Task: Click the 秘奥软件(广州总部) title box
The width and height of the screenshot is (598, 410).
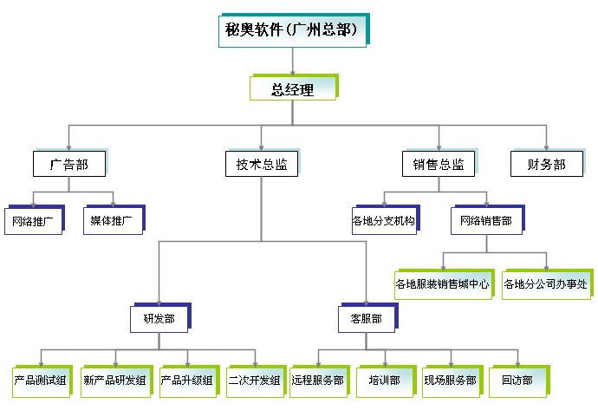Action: [x=291, y=29]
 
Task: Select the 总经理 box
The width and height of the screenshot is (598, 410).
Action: [x=291, y=88]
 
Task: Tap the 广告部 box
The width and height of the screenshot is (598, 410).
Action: [x=69, y=164]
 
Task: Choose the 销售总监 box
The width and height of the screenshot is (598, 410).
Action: [x=438, y=164]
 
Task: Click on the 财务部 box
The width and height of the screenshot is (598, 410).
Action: [x=545, y=164]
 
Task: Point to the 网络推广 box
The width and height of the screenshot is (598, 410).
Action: [x=33, y=221]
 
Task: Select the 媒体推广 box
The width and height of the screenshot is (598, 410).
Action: [x=112, y=221]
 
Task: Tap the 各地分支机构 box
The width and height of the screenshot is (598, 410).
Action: [x=384, y=221]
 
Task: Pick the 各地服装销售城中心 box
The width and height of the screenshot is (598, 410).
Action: [x=442, y=283]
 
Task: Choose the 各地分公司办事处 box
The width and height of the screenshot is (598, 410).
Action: [x=546, y=283]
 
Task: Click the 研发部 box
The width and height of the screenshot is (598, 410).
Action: [x=159, y=319]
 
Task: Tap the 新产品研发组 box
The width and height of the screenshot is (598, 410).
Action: [x=115, y=380]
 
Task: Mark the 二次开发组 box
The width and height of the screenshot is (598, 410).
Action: [x=254, y=380]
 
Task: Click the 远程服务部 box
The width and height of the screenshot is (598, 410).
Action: [x=318, y=380]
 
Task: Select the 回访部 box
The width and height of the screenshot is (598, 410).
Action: [x=517, y=380]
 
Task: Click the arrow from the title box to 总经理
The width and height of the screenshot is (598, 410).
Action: [x=293, y=60]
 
